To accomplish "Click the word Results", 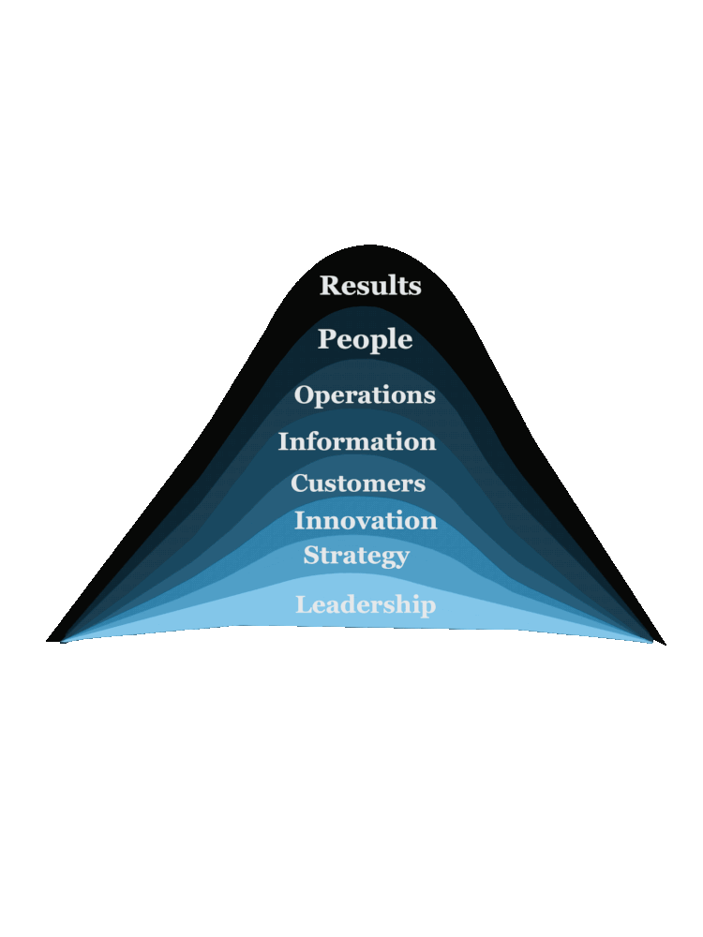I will click(370, 286).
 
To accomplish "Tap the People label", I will click(365, 339).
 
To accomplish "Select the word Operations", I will click(365, 395).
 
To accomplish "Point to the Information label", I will click(357, 441).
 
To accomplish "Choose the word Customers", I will click(358, 483).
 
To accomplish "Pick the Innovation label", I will click(366, 521).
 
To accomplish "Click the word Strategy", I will click(356, 556).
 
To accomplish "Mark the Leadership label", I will click(366, 605).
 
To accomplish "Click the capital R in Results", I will click(330, 286).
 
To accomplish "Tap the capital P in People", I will click(327, 339).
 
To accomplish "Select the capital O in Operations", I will click(305, 394).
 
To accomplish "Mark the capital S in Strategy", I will click(311, 555).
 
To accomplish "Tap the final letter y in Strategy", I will click(401, 558).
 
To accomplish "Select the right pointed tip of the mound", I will click(664, 644).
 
